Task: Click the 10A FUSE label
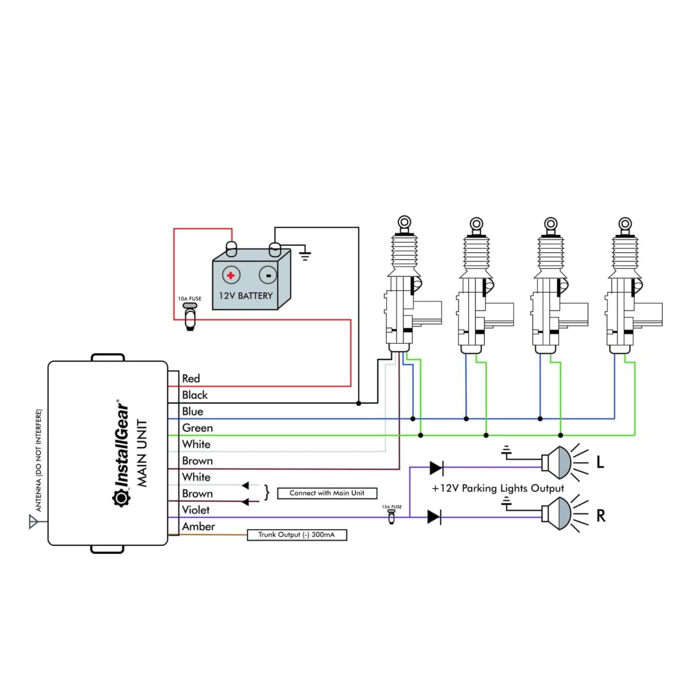(189, 299)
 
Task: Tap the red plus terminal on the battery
(231, 275)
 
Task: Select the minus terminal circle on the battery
(268, 275)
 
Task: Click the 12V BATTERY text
(246, 296)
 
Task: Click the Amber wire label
(198, 526)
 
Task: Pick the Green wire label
(197, 428)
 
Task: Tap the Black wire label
(195, 395)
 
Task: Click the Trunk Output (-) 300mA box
(297, 535)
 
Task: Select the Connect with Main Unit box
(327, 493)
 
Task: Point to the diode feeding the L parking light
(436, 468)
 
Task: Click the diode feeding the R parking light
(434, 517)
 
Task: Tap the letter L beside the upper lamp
(600, 462)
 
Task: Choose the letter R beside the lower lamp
(601, 516)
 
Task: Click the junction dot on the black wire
(359, 404)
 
